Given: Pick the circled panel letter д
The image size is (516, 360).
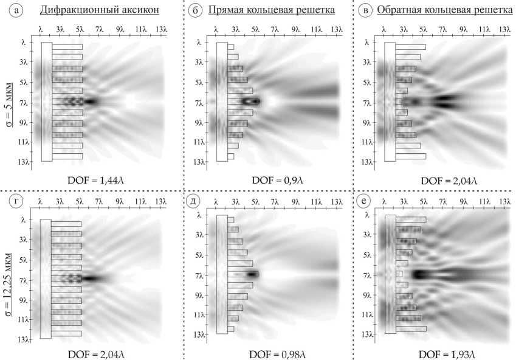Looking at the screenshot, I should (x=194, y=201).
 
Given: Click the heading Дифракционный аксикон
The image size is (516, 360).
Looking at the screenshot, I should (x=100, y=10).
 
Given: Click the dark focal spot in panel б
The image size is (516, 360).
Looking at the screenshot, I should (x=250, y=101).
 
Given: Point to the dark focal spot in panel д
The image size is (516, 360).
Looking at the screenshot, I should (x=252, y=274).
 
